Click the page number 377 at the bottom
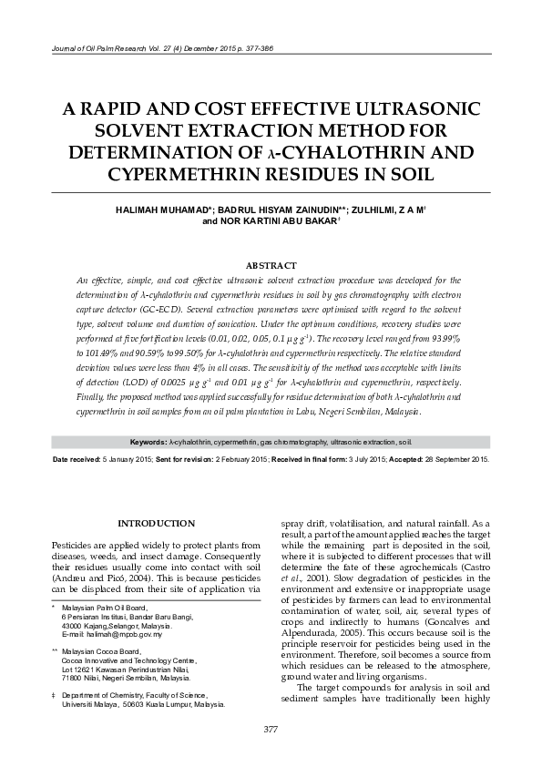pos(271,730)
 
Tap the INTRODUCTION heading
pos(157,523)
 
